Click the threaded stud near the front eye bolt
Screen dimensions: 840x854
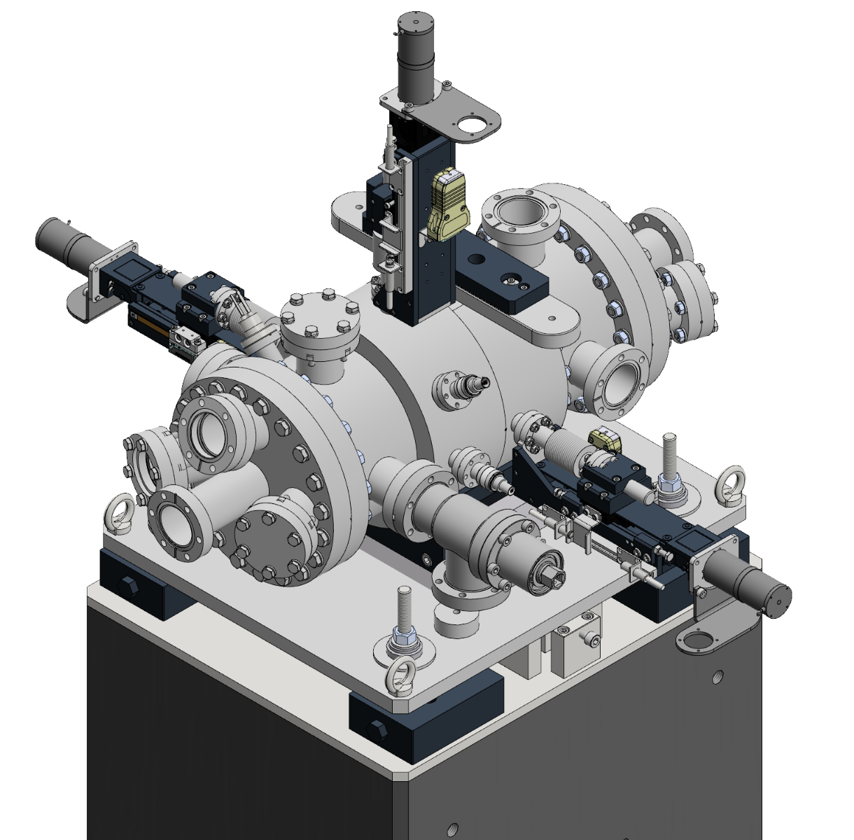(x=405, y=616)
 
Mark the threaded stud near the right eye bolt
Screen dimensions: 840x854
(x=671, y=462)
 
